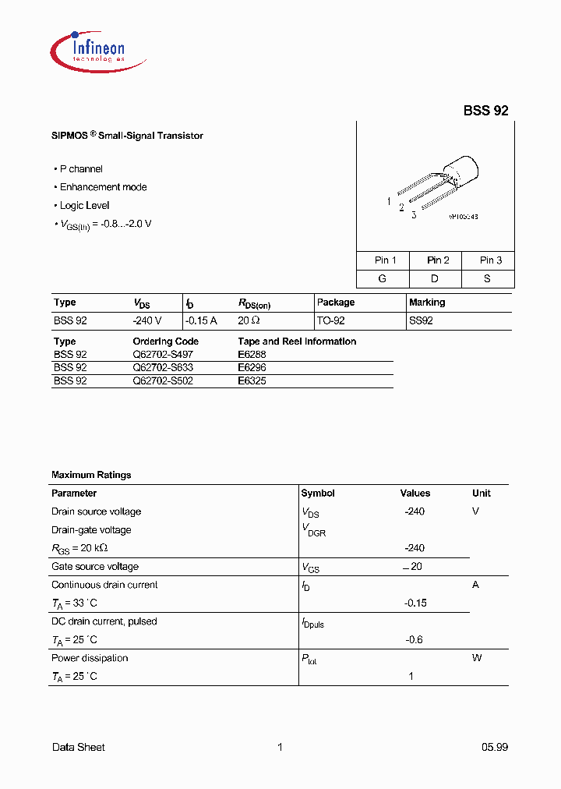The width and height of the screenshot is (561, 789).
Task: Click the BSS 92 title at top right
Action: coord(485,111)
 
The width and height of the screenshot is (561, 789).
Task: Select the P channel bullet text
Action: coord(81,169)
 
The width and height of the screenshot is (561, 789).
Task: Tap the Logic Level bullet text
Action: coord(85,206)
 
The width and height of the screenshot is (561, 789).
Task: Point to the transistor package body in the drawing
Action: coord(460,171)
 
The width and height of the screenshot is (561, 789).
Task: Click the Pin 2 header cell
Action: coord(438,260)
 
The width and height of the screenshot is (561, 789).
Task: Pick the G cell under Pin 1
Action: coord(383,278)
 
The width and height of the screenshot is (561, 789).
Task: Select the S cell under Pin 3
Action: coord(487,278)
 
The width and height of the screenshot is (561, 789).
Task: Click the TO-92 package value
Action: coord(330,321)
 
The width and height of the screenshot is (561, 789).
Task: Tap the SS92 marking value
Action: coord(421,321)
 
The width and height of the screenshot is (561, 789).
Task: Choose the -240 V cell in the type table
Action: coord(147,321)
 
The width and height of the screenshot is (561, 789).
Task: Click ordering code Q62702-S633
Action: coord(163,367)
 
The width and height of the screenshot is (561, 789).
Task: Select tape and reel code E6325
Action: coord(252,381)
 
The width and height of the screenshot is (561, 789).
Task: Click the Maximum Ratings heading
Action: coord(91,475)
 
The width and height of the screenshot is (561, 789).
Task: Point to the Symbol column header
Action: coord(318,494)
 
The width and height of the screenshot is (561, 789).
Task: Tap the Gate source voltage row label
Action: coord(95,567)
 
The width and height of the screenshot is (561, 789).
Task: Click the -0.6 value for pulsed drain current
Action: coord(414,640)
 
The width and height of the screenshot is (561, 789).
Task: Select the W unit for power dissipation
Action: coord(477,658)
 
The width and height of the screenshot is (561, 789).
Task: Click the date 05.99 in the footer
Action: coord(494,748)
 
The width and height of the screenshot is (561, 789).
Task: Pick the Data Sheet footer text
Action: coord(78,748)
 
